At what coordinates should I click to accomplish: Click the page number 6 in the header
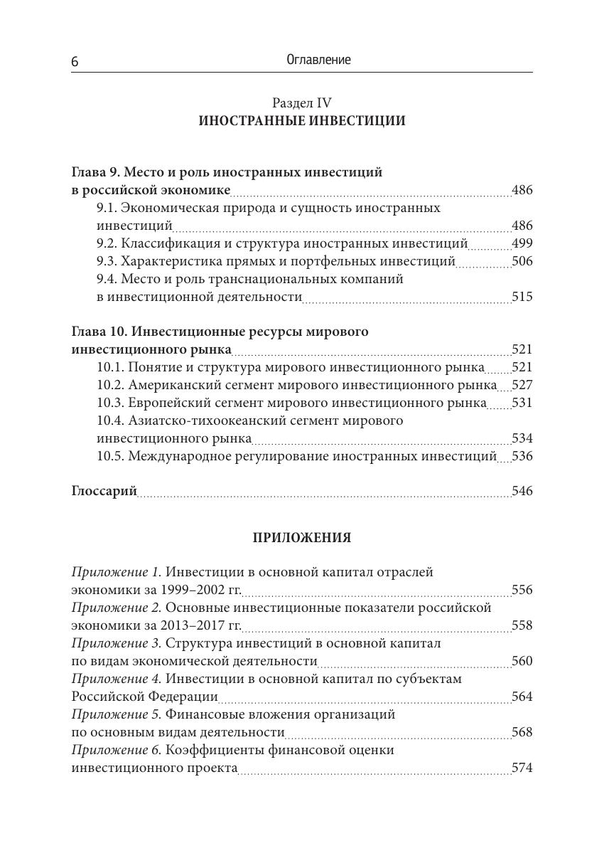point(75,62)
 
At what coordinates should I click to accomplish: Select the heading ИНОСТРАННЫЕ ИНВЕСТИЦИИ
point(302,121)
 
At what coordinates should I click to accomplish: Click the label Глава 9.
point(97,173)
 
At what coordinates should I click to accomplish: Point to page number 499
point(522,244)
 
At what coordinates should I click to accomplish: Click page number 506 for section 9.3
point(522,262)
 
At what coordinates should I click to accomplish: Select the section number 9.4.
point(107,280)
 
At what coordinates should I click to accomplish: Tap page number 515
point(522,297)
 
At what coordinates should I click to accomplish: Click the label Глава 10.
point(100,332)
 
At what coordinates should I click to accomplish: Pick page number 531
point(522,403)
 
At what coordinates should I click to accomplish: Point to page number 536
point(522,456)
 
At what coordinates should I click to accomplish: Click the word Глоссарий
point(104,492)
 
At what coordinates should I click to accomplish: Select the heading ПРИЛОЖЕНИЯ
point(302,538)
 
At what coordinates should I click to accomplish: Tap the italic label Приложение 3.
point(117,643)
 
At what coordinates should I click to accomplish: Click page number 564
point(522,697)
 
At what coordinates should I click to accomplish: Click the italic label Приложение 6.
point(117,750)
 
